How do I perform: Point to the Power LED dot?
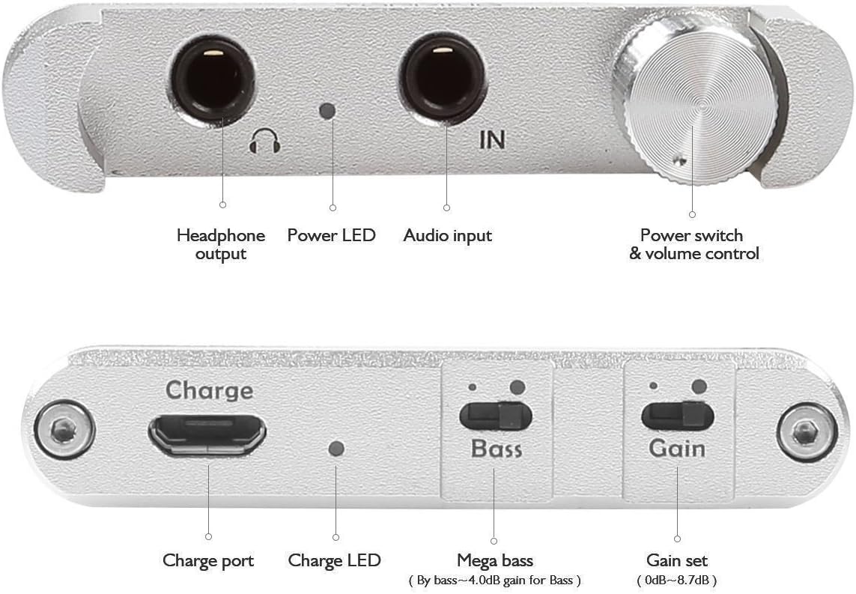(327, 111)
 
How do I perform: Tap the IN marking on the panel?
(491, 139)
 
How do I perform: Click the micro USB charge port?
(207, 434)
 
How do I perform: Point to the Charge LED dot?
(337, 449)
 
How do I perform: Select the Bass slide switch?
(496, 416)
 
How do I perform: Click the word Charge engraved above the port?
(209, 390)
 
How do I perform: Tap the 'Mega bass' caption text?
(495, 560)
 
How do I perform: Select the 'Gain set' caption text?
(677, 560)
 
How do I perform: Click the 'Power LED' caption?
(331, 235)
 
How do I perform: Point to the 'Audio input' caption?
(448, 235)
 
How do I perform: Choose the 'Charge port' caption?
(208, 560)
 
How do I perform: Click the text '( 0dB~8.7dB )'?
(677, 580)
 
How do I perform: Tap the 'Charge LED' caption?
(334, 560)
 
